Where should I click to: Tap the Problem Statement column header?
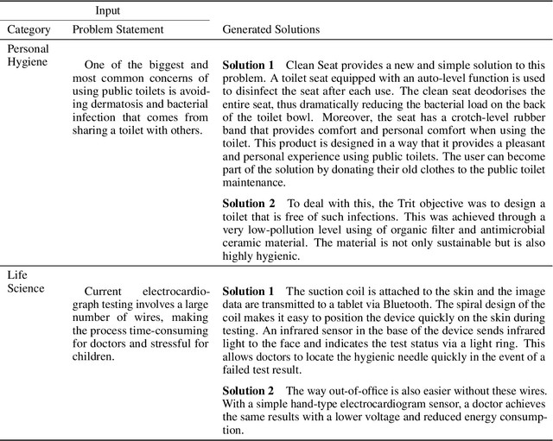[118, 29]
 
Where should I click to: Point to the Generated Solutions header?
[270, 29]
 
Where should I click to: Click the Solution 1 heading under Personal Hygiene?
[248, 66]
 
